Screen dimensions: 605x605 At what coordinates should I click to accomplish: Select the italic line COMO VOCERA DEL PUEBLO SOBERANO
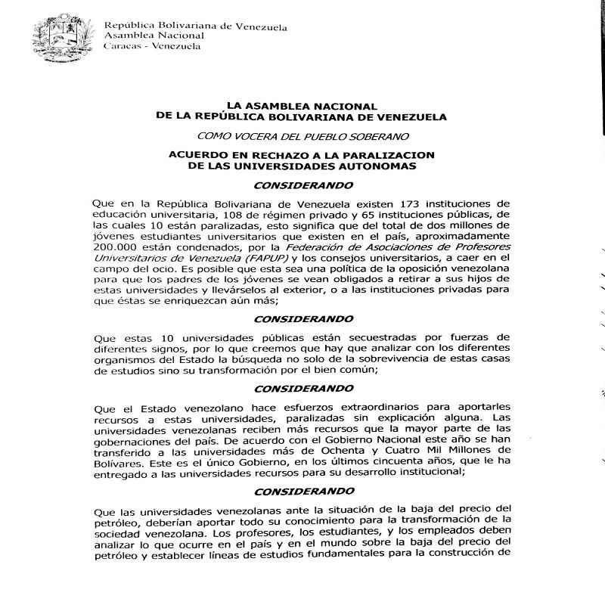(302, 137)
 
